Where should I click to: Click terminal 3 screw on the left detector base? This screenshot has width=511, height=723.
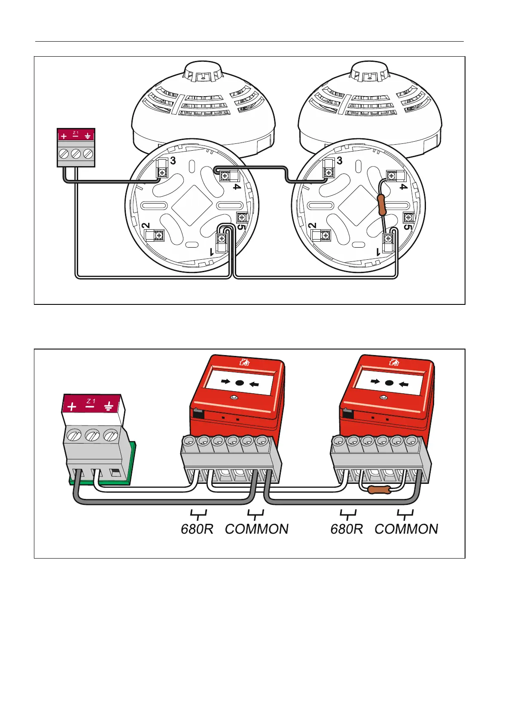point(162,173)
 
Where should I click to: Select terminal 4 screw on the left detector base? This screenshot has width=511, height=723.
point(224,176)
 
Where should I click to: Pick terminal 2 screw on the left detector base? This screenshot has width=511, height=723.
point(158,235)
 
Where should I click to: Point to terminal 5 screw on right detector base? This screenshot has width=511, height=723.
point(408,218)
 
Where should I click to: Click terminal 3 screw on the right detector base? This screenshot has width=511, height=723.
point(329,173)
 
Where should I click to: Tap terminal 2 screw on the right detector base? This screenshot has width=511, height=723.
point(325,235)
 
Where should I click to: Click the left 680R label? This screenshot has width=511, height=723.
point(197,529)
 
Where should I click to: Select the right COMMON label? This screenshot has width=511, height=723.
point(406,529)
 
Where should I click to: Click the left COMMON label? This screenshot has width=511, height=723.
point(257,529)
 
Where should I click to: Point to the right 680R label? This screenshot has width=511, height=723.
point(347,529)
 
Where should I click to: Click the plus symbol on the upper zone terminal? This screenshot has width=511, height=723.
point(64,136)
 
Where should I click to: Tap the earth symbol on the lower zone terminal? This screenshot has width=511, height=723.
point(109,406)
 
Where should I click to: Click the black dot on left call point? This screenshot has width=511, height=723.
point(240,383)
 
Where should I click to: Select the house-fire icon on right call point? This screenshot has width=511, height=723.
point(393,362)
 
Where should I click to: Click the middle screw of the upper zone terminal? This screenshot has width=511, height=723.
point(76,153)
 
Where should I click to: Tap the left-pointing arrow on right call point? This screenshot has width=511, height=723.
point(403,384)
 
